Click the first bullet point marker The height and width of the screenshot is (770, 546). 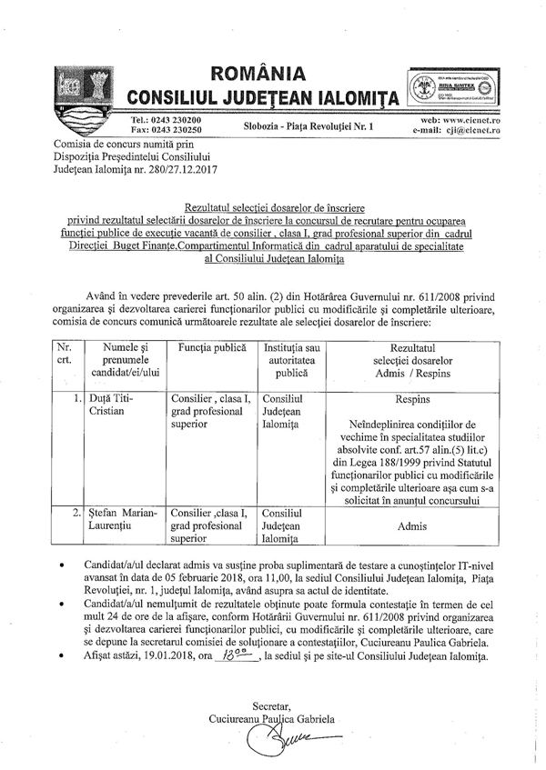(61, 565)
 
